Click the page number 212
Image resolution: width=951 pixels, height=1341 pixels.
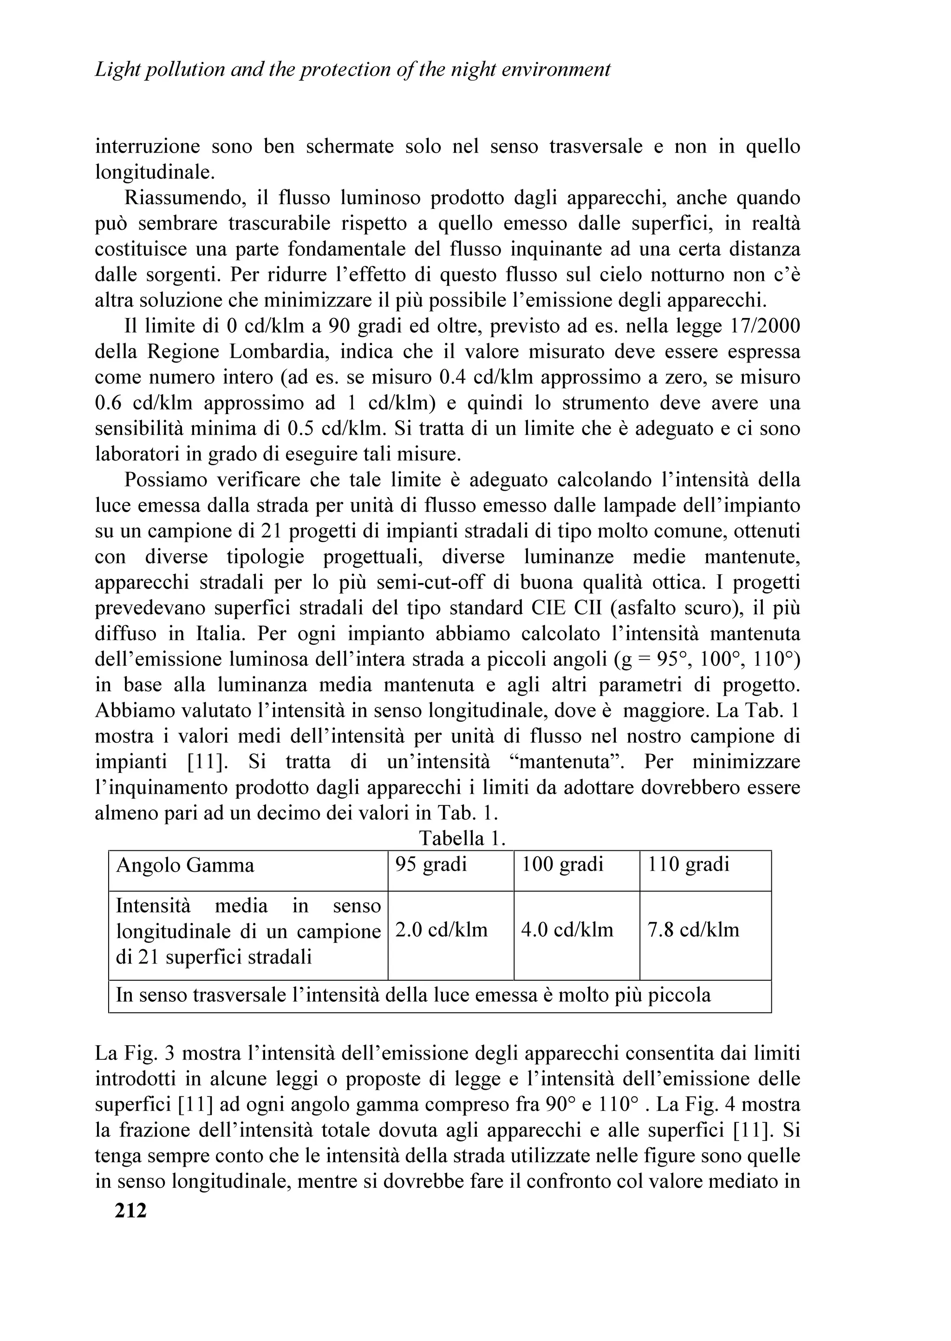[x=130, y=1210]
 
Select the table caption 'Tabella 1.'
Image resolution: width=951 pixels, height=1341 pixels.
[x=462, y=839]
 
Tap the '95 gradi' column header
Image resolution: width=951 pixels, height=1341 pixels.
[x=431, y=865]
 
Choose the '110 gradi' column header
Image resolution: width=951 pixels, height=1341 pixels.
[x=689, y=865]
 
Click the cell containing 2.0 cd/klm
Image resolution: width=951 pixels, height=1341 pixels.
[x=442, y=930]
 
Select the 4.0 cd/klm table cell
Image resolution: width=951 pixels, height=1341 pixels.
[x=567, y=930]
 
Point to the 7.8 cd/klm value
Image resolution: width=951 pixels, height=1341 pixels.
[x=693, y=930]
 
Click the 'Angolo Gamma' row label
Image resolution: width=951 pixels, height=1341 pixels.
[x=185, y=865]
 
